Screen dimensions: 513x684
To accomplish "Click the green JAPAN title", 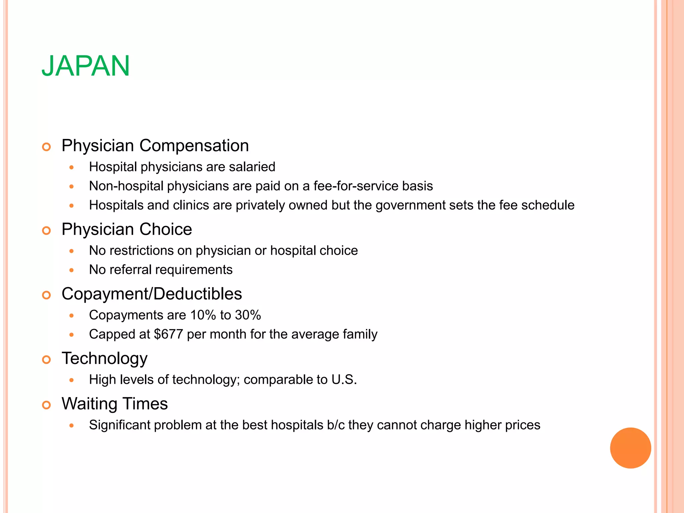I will (85, 66).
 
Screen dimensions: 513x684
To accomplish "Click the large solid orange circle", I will (630, 448).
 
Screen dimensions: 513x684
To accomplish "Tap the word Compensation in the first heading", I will (194, 146).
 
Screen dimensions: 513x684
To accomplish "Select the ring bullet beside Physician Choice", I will (46, 230).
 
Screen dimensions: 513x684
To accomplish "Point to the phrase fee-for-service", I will (356, 186).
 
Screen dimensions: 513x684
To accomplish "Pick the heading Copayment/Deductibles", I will (152, 294).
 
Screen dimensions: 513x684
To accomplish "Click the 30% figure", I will (248, 315).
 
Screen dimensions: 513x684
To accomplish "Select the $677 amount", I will (168, 334).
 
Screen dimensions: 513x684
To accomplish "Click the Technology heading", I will (105, 359).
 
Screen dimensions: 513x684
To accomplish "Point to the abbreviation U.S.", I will (344, 380).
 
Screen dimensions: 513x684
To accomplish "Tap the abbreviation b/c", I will (336, 425).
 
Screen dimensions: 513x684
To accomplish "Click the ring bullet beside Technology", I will (46, 360).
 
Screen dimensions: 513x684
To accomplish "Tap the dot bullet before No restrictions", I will (71, 251).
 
